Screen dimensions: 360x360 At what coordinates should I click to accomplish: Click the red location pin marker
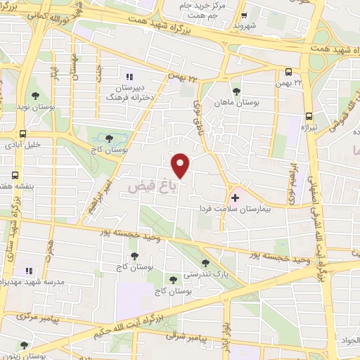point(181,166)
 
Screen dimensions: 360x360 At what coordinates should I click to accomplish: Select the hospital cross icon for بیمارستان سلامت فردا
point(234,198)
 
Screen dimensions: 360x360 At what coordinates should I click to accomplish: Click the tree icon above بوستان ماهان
point(236,91)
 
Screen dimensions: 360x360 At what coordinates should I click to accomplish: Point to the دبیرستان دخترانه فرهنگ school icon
point(129,77)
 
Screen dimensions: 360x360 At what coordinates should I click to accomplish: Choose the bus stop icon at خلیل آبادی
point(23,134)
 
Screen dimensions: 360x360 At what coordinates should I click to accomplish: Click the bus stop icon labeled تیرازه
point(308,117)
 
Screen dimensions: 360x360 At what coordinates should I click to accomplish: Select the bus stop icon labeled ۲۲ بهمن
point(289,71)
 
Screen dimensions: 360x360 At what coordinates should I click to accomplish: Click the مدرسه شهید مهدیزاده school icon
point(29,271)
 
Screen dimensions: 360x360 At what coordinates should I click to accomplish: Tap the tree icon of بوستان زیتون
point(25,345)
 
